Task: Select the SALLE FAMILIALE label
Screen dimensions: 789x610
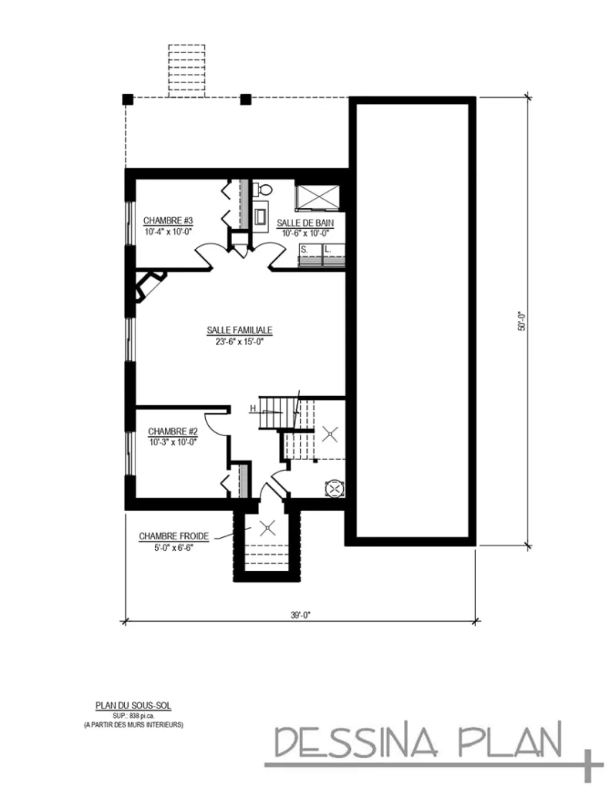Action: click(240, 330)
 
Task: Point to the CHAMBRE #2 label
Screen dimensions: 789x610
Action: click(174, 431)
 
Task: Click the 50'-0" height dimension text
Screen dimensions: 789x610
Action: click(521, 321)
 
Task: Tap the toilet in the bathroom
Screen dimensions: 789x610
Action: click(262, 188)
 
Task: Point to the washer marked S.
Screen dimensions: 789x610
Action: click(309, 255)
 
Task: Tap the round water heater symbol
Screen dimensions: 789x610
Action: click(335, 487)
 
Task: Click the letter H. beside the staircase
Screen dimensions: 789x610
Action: click(253, 409)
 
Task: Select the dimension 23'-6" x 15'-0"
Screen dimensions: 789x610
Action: click(240, 341)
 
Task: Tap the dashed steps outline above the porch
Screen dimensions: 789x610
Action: click(187, 71)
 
